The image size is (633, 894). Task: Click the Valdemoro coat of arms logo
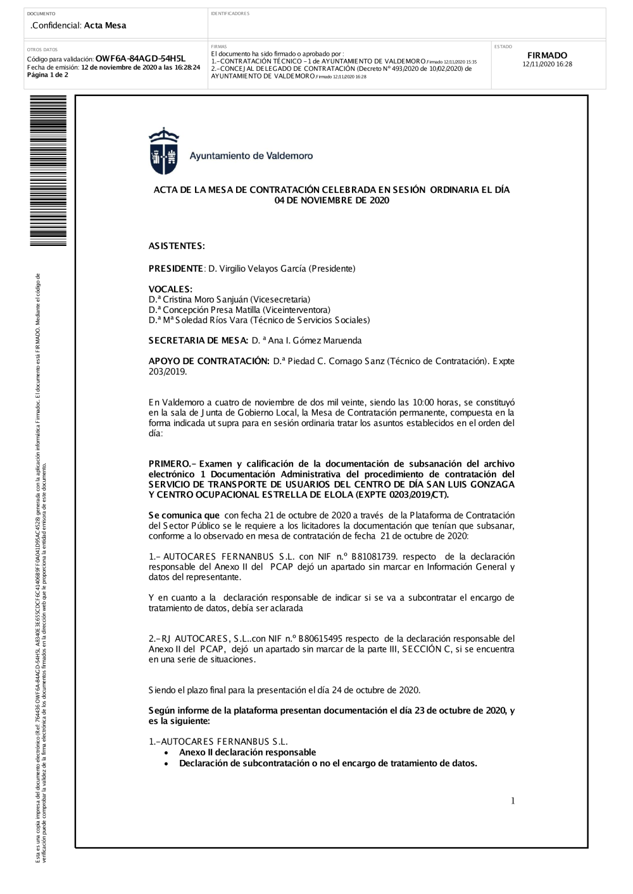click(x=163, y=150)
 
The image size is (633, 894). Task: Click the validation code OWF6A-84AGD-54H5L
click(x=140, y=59)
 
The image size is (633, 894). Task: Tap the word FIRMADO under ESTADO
click(x=547, y=56)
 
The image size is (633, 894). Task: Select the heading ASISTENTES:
click(x=177, y=246)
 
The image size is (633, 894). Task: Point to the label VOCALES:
click(x=170, y=289)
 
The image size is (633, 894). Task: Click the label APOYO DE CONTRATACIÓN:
click(x=209, y=361)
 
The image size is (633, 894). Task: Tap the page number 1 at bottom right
click(x=513, y=801)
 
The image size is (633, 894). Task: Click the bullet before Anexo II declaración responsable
click(x=166, y=753)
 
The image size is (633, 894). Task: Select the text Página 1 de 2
click(x=47, y=75)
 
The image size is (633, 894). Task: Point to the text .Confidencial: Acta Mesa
click(x=78, y=25)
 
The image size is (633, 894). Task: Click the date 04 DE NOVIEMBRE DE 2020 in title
click(x=332, y=200)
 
